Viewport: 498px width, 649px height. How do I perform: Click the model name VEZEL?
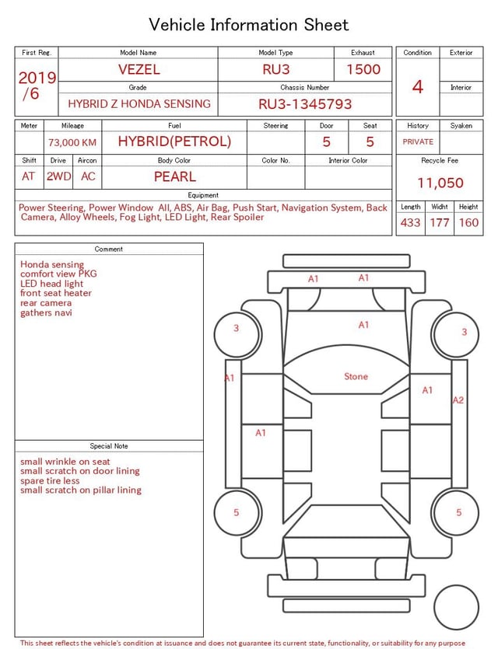click(139, 69)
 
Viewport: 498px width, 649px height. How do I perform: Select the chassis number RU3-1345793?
click(305, 103)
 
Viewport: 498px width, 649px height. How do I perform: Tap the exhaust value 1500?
click(363, 69)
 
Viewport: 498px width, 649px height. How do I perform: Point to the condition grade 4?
click(418, 86)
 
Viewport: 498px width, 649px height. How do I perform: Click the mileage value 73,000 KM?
click(72, 142)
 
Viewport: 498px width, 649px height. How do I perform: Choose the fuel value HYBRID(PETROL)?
click(174, 141)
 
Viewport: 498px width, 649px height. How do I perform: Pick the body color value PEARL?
click(174, 176)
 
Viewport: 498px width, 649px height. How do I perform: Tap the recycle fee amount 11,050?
click(440, 183)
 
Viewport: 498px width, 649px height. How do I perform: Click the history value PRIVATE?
click(418, 141)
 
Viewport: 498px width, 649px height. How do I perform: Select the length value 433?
click(410, 223)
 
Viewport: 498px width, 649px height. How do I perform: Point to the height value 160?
click(468, 223)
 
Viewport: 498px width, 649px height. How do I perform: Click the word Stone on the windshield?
click(356, 377)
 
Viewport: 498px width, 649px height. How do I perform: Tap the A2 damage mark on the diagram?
click(458, 400)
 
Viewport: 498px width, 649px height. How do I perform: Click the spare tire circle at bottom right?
click(456, 608)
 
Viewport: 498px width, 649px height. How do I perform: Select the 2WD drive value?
click(58, 176)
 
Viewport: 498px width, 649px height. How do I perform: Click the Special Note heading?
click(109, 446)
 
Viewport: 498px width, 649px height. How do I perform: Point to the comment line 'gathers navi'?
click(46, 312)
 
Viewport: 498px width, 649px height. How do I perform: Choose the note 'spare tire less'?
click(50, 480)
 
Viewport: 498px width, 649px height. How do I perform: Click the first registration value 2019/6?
click(37, 85)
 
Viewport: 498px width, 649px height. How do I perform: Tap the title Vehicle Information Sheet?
click(249, 25)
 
